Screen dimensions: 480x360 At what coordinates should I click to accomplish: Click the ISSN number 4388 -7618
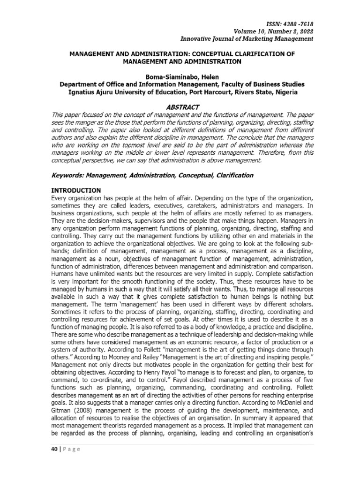click(298, 24)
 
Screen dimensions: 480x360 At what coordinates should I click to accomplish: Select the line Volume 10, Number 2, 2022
click(277, 31)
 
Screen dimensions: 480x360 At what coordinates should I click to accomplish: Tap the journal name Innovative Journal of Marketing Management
click(247, 39)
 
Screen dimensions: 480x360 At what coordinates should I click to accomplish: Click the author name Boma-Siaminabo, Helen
click(182, 76)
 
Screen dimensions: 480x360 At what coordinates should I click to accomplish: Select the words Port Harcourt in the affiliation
click(219, 92)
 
